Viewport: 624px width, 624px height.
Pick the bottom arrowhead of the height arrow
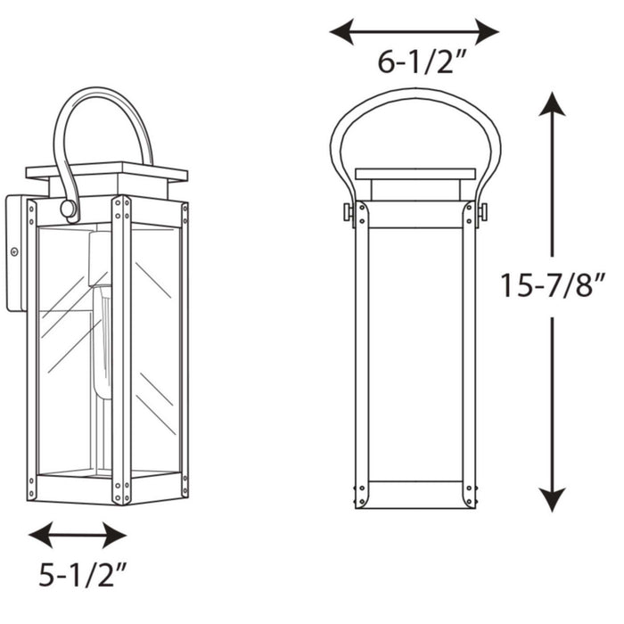pyautogui.click(x=553, y=500)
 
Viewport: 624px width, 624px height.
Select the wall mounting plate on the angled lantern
pyautogui.click(x=15, y=253)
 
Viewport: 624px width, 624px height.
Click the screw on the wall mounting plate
pyautogui.click(x=14, y=252)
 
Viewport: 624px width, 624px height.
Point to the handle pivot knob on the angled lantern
pyautogui.click(x=68, y=209)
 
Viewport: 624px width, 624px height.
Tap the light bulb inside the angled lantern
pyautogui.click(x=102, y=339)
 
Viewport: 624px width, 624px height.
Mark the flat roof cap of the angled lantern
pyautogui.click(x=106, y=171)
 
